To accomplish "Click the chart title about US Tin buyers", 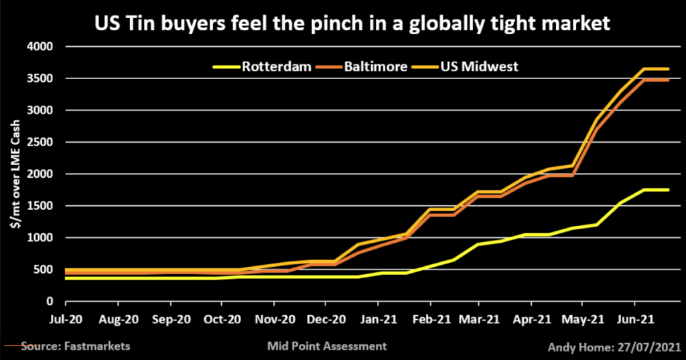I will tap(342, 25).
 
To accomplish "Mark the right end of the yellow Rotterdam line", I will tap(668, 190).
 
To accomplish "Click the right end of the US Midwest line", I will tap(668, 69).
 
